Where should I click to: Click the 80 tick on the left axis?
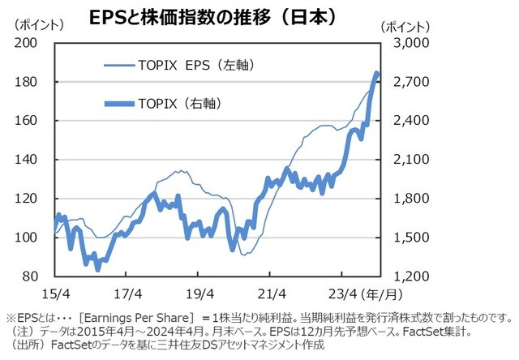(x=38, y=276)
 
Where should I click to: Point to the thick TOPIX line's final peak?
(x=377, y=74)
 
